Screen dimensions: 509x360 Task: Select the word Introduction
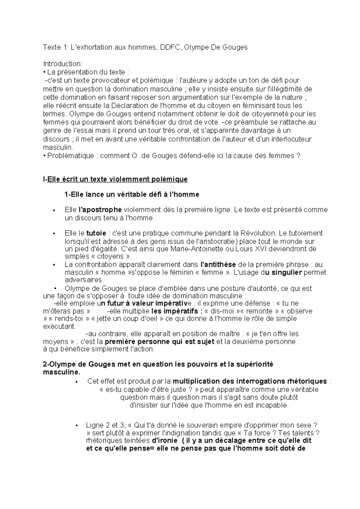pos(62,64)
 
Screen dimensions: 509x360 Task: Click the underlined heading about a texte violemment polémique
pos(115,179)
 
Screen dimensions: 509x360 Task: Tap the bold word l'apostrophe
pos(100,210)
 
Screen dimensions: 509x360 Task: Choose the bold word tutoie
pos(96,233)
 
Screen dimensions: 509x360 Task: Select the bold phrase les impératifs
pos(175,311)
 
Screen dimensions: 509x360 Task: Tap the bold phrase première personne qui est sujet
pos(160,342)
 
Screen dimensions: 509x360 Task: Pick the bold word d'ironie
pos(166,441)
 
